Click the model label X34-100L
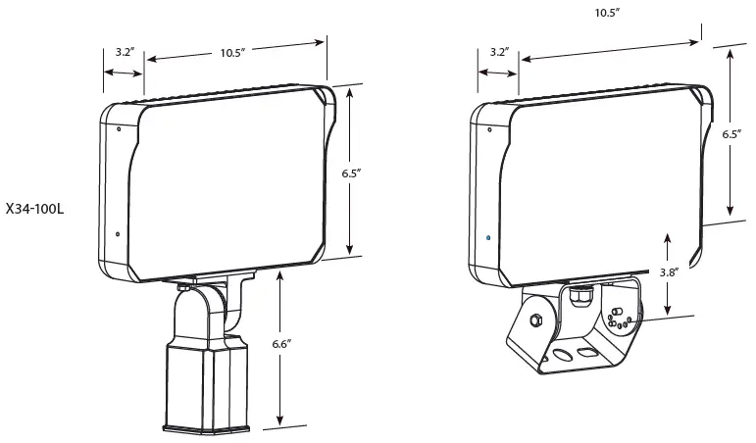(34, 209)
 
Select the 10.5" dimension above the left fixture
(232, 53)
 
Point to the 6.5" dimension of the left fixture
(353, 172)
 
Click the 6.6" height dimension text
(281, 344)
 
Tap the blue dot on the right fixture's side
(489, 236)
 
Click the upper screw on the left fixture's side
(119, 128)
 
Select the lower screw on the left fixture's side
(118, 233)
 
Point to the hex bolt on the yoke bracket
(536, 320)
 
